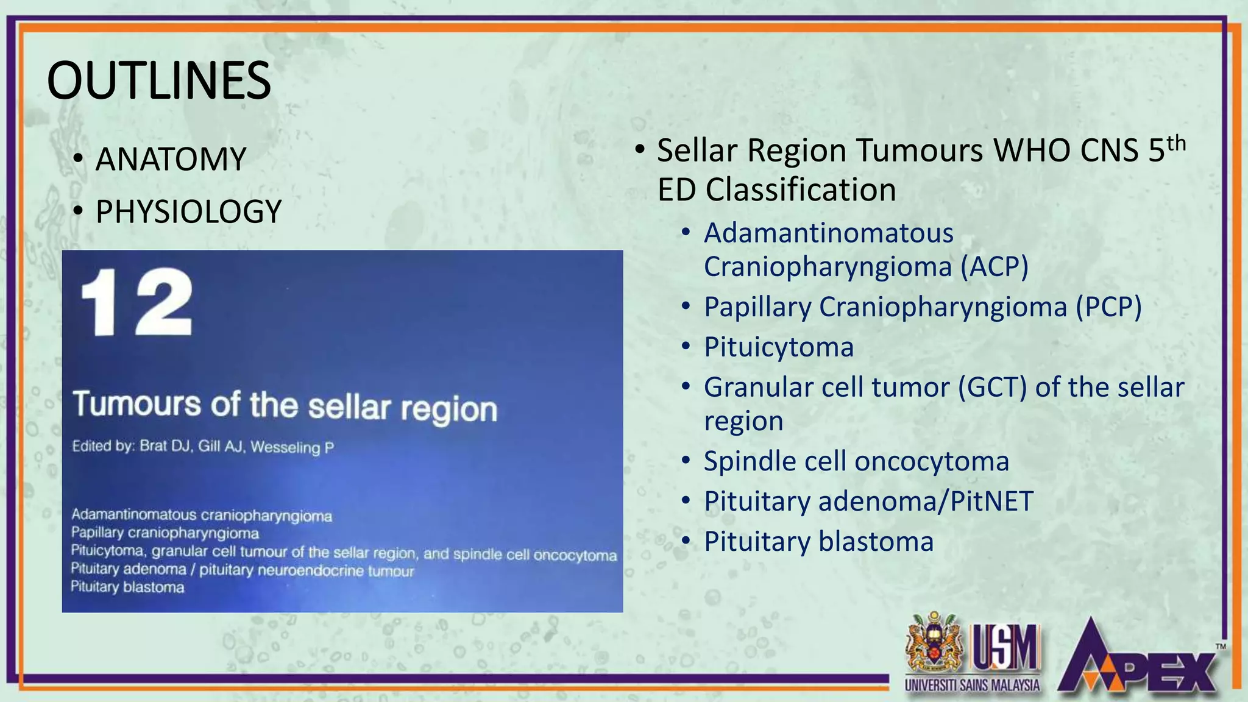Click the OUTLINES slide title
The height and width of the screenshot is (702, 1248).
[159, 80]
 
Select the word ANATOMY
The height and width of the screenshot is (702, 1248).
[171, 160]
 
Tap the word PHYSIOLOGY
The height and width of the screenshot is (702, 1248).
[188, 212]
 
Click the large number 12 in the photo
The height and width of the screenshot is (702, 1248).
[137, 303]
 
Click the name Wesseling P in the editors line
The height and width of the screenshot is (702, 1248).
[292, 447]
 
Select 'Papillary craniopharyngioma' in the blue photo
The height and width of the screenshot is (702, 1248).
[165, 533]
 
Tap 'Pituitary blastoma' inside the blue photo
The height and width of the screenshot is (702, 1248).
[128, 587]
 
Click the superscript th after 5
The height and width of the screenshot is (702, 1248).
[1176, 144]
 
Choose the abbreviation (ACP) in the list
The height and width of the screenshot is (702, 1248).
[994, 266]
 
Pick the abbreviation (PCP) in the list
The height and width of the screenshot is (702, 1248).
[1108, 307]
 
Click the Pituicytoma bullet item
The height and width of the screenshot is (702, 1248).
[778, 347]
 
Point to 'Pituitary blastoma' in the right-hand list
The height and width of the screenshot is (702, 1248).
[818, 542]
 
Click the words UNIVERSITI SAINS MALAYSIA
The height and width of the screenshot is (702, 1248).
[972, 685]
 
